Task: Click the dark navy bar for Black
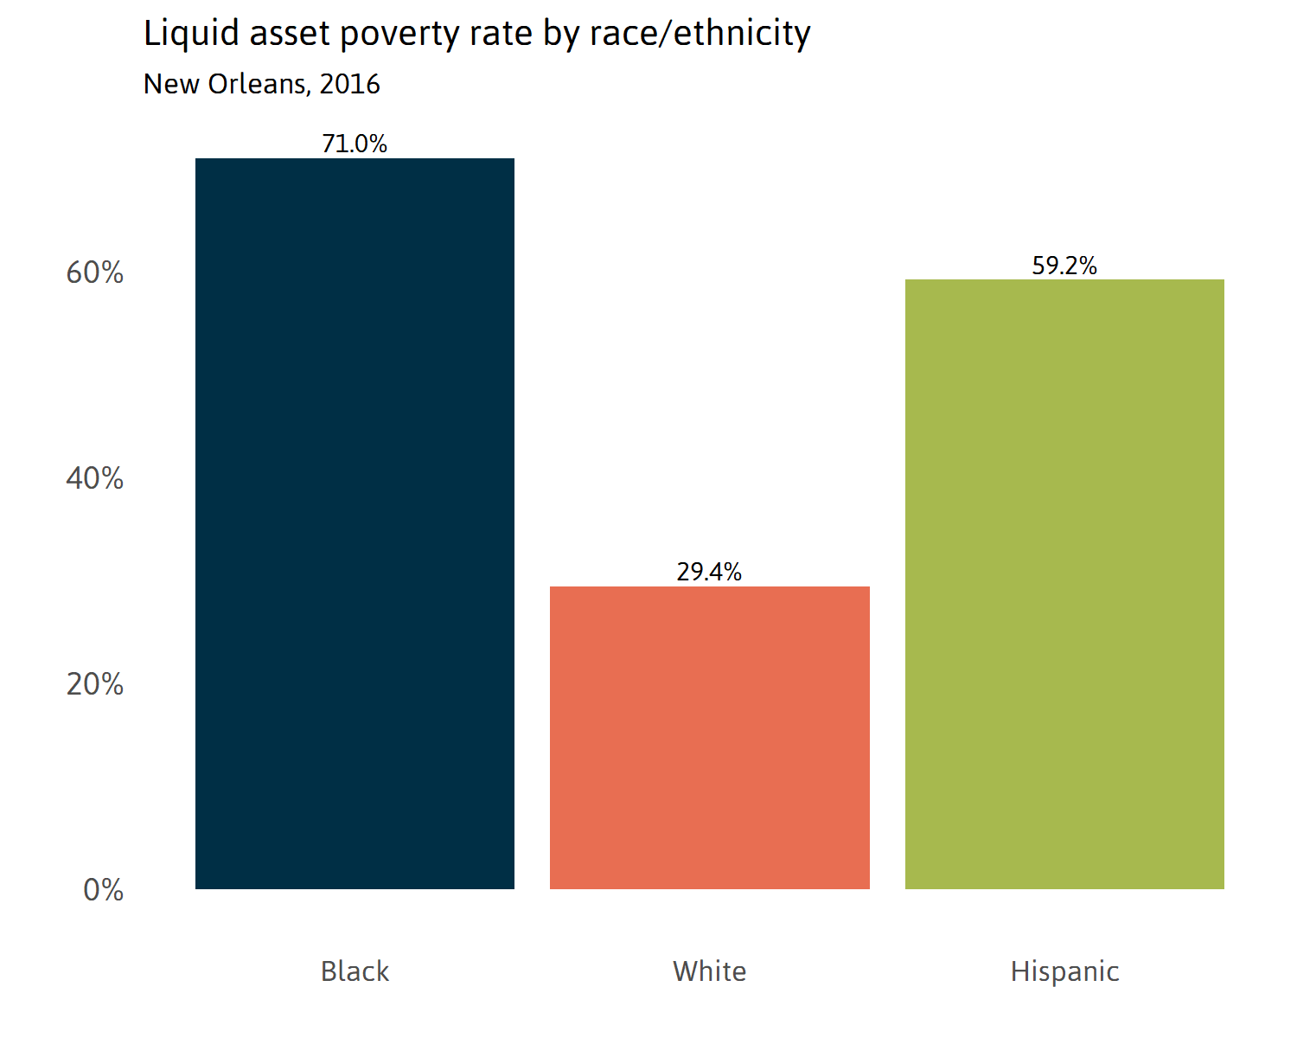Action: point(355,523)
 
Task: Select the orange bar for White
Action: point(709,737)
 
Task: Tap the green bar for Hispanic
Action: point(1064,584)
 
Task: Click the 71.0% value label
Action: point(355,144)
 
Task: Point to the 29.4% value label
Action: point(709,572)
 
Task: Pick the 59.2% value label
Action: point(1064,266)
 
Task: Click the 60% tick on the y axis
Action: point(95,272)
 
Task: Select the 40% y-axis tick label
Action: point(95,478)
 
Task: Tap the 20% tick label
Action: point(95,684)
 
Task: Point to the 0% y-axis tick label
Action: point(103,890)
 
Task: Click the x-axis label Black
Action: point(355,971)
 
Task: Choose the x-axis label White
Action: point(709,971)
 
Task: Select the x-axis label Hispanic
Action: point(1064,971)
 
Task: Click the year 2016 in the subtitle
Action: point(349,84)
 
